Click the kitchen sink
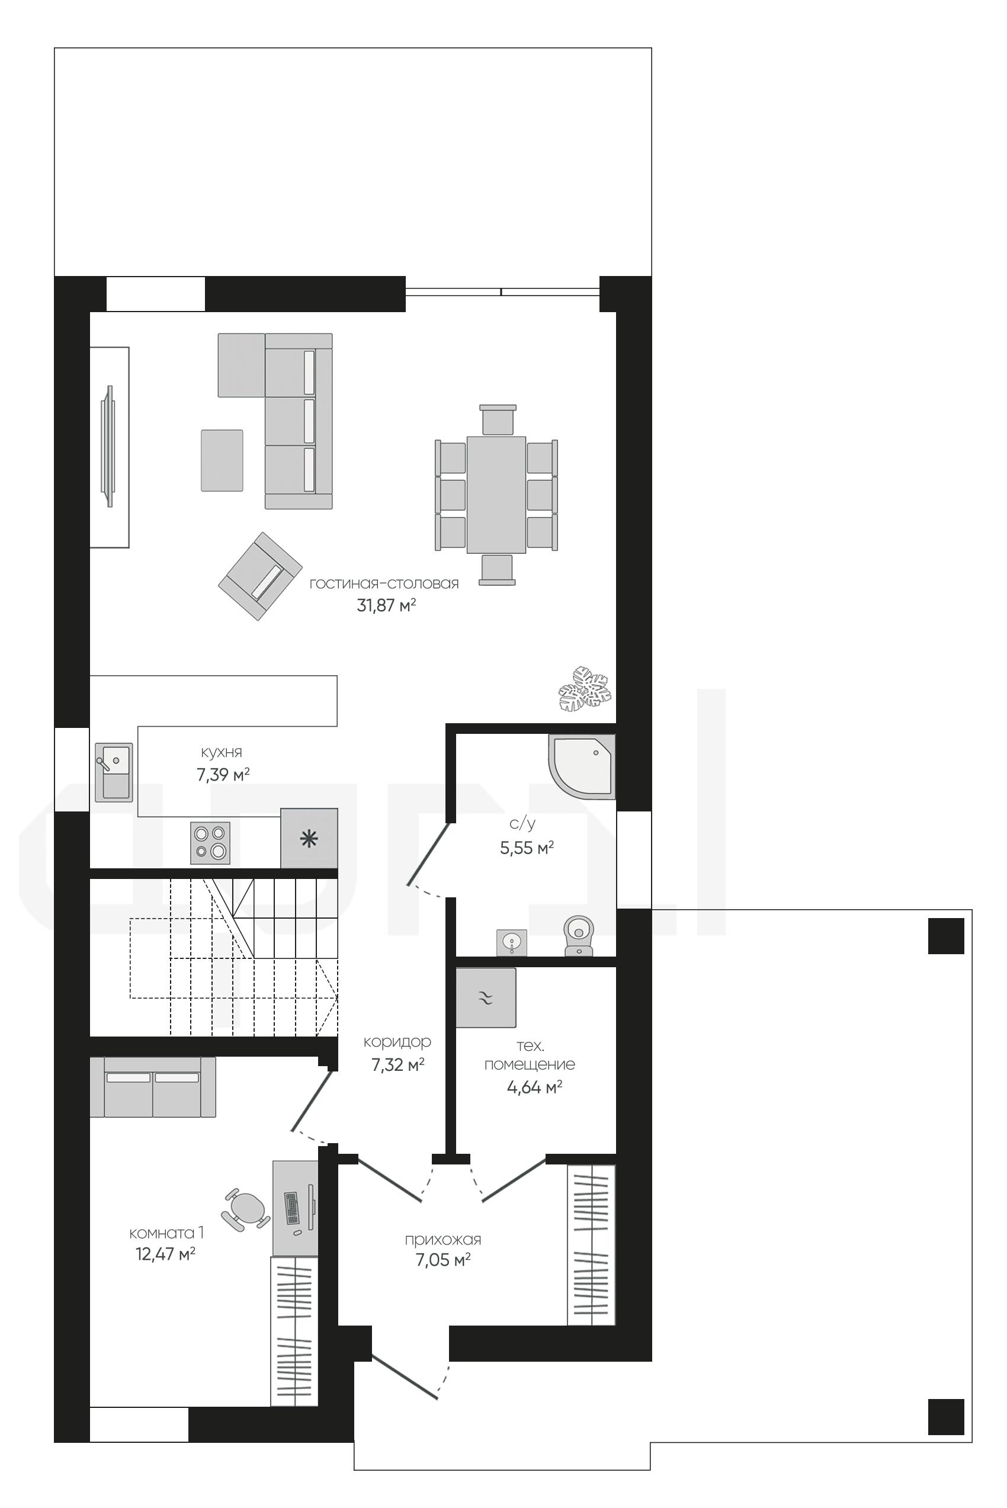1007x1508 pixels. (114, 772)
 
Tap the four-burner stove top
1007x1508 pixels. (211, 843)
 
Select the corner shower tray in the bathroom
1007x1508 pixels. (582, 767)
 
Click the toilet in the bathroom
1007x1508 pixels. (579, 935)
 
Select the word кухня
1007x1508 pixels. (222, 752)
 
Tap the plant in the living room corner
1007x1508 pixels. (585, 688)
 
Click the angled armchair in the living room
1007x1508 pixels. (260, 576)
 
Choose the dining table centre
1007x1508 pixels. (496, 495)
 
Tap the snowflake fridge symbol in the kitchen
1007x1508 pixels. (309, 838)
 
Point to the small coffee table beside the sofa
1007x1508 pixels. (222, 460)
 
